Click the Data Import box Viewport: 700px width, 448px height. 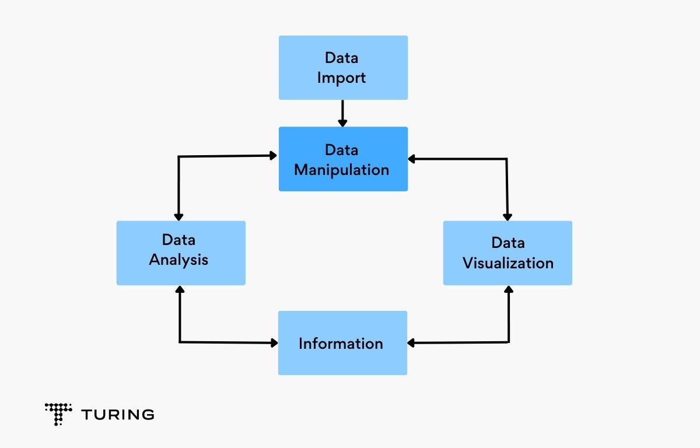(x=343, y=68)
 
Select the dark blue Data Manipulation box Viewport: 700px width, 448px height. (x=343, y=159)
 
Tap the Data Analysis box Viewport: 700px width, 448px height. (x=181, y=253)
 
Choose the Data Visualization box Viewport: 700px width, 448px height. (x=508, y=253)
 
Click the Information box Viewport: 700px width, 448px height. (x=342, y=343)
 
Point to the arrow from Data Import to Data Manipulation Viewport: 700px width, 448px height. (x=342, y=113)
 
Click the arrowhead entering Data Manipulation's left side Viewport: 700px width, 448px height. (x=273, y=156)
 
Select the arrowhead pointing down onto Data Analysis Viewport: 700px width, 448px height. (x=178, y=216)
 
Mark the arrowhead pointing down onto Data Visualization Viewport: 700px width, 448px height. (x=508, y=216)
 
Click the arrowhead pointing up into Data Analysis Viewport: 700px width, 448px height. (x=180, y=290)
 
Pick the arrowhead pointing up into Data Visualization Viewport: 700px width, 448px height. (x=509, y=290)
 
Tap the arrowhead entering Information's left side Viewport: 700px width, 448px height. (x=273, y=343)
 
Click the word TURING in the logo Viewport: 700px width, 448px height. (x=118, y=415)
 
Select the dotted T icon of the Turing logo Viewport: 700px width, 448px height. (x=58, y=413)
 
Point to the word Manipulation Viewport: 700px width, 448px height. (x=341, y=170)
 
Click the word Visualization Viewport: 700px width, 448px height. (x=508, y=262)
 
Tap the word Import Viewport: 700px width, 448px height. (x=342, y=78)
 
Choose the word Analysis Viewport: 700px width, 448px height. (x=178, y=259)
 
